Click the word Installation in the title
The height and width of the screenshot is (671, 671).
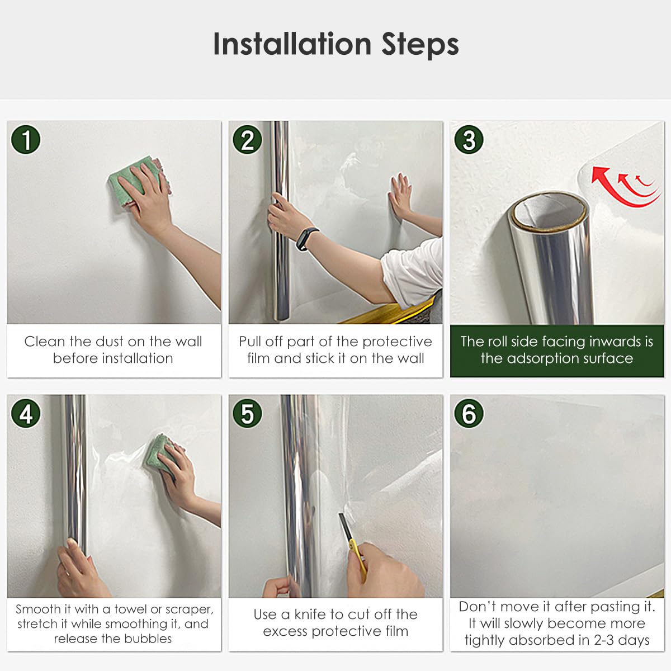pyautogui.click(x=292, y=44)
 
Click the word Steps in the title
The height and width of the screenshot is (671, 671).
pyautogui.click(x=420, y=45)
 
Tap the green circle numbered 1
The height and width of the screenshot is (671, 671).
pyautogui.click(x=26, y=140)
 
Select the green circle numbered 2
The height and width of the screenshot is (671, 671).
pyautogui.click(x=247, y=140)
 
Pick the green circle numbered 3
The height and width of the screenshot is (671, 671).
pyautogui.click(x=469, y=140)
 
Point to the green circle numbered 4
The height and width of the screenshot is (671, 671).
pyautogui.click(x=26, y=413)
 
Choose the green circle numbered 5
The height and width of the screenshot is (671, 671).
pyautogui.click(x=247, y=413)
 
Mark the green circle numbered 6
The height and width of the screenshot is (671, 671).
pyautogui.click(x=469, y=413)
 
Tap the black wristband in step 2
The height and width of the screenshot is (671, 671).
pyautogui.click(x=307, y=239)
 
